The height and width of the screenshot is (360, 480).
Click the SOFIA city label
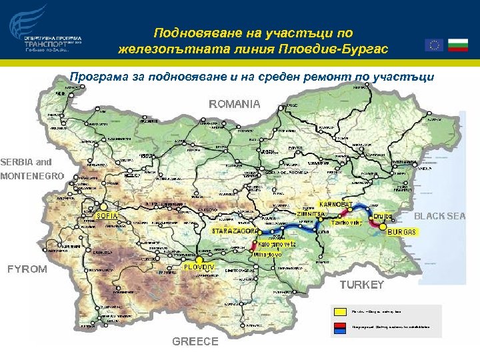107,216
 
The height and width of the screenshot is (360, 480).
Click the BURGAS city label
401,231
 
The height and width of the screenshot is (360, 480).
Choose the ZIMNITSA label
311,214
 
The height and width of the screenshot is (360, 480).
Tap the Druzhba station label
383,217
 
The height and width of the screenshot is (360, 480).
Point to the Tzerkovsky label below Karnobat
347,223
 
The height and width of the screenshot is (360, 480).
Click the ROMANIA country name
235,104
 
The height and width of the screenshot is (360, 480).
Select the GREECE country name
195,341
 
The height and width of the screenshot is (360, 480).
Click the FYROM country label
27,269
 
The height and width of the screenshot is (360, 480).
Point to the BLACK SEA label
440,216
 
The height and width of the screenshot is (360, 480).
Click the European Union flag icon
434,45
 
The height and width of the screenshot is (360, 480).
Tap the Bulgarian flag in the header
457,45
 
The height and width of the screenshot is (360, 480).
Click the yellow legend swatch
339,311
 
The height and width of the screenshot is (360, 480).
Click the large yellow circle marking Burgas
383,227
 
